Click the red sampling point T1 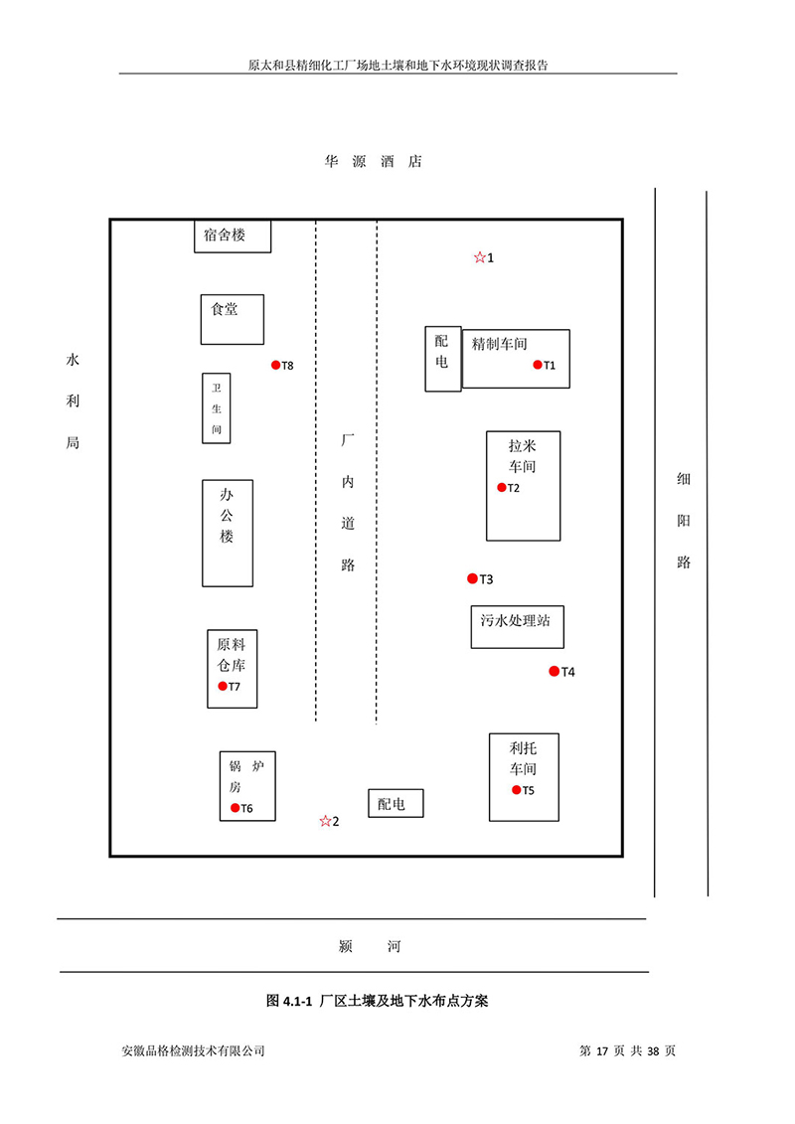(x=538, y=365)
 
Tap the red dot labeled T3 (x=473, y=578)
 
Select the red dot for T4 (x=555, y=672)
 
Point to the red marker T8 (x=276, y=365)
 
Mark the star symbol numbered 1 (x=479, y=257)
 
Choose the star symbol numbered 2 (x=324, y=821)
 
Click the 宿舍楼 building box (x=233, y=237)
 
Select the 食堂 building (x=232, y=318)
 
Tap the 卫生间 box (x=217, y=407)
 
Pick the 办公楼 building (x=228, y=533)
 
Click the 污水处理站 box (x=515, y=626)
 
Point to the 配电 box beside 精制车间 (x=442, y=358)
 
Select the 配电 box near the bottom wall (x=396, y=803)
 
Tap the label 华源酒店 (x=373, y=161)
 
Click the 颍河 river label (x=370, y=946)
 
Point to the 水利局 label (x=72, y=401)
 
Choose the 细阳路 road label (x=684, y=520)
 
